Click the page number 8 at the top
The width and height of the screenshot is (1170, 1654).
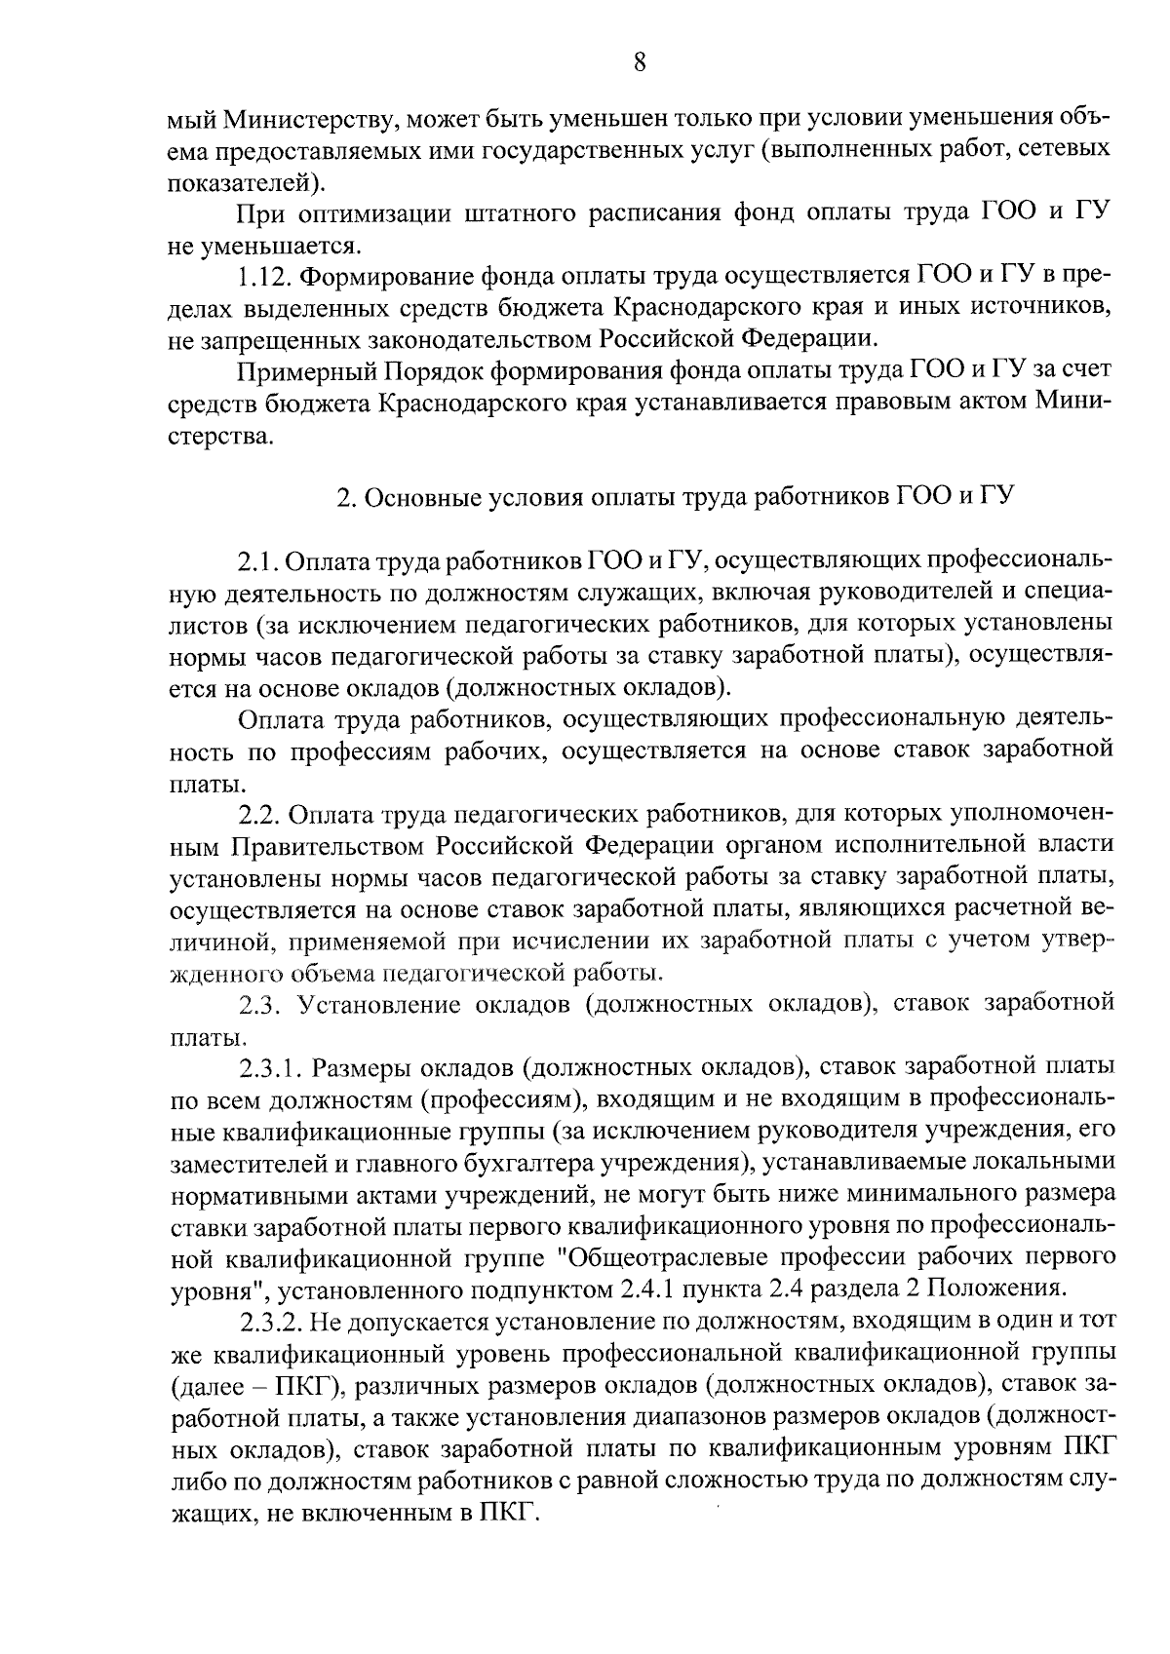(639, 63)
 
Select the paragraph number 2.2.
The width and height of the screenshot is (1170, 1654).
(258, 814)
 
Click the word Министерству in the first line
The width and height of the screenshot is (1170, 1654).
(310, 120)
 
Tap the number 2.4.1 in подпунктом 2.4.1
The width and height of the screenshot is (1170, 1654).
(647, 1289)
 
